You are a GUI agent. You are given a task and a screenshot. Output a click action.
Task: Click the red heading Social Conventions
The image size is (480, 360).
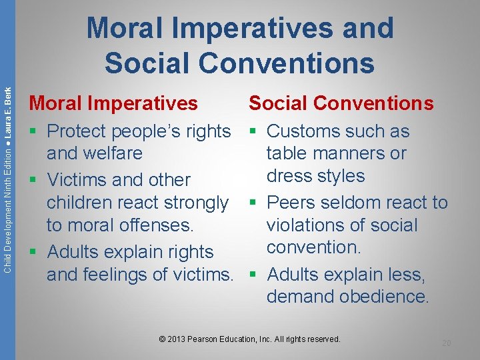pyautogui.click(x=341, y=103)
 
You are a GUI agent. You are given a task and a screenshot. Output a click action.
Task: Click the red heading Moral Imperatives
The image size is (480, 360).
pyautogui.click(x=113, y=103)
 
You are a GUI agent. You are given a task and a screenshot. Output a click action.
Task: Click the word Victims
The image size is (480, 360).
pyautogui.click(x=81, y=180)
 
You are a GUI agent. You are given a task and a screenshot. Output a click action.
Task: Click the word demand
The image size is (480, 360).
pyautogui.click(x=297, y=297)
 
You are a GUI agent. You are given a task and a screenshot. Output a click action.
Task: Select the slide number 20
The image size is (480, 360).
pyautogui.click(x=446, y=343)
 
